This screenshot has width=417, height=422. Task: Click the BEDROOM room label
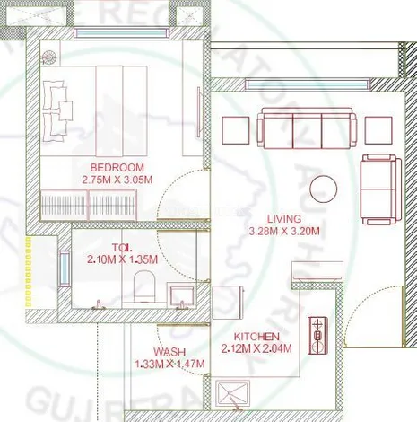coord(117,168)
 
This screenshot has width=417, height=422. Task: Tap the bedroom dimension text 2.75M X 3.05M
coord(117,180)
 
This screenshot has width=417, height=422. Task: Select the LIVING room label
coord(284,218)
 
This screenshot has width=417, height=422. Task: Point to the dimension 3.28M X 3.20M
coord(284,231)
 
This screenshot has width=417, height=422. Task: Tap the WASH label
coord(169,351)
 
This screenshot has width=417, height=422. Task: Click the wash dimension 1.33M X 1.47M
coord(169,364)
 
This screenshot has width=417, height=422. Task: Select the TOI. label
coord(122,247)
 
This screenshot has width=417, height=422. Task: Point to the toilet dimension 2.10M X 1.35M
coord(122,259)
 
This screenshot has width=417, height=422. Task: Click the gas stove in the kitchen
coord(317,335)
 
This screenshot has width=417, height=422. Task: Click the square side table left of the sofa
coord(234,130)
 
